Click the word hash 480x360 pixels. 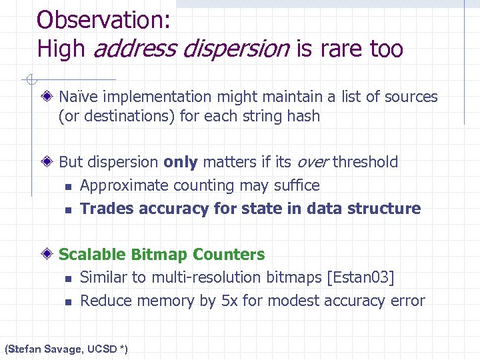tap(303, 117)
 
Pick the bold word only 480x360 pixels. tap(180, 162)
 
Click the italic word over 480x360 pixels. tap(313, 162)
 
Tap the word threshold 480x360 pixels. tap(365, 162)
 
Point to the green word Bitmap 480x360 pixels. tap(160, 255)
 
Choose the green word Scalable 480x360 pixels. tap(93, 255)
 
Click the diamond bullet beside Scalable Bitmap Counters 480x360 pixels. tap(49, 255)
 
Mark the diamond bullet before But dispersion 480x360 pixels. tap(49, 162)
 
